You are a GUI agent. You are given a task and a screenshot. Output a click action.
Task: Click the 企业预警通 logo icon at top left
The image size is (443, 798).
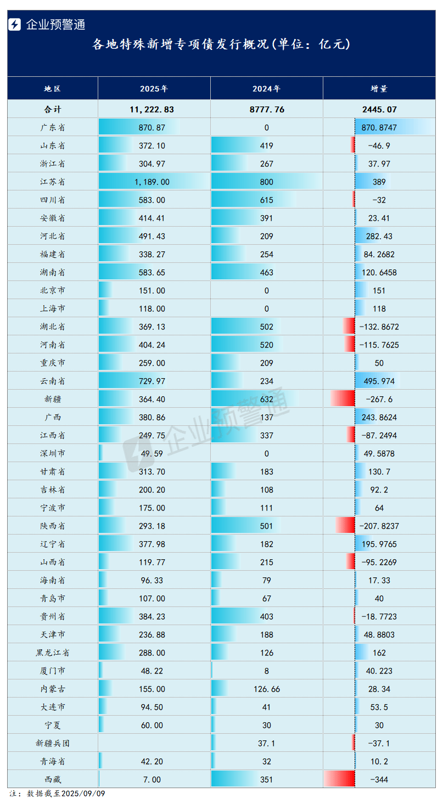15,24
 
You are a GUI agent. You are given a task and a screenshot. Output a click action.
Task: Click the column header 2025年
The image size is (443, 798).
154,88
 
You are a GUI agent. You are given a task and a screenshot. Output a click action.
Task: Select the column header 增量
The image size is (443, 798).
379,88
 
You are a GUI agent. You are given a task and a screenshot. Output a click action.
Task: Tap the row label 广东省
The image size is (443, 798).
53,127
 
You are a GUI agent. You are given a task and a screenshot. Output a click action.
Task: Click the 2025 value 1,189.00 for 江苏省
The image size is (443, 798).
154,182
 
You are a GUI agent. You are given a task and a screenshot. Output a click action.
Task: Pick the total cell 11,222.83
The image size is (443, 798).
152,109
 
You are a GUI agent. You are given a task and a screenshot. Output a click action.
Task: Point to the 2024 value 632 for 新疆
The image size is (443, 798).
266,399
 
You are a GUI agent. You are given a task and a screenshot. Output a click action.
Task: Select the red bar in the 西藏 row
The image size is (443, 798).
340,779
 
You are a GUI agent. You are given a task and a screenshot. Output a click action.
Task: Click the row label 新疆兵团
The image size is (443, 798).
53,743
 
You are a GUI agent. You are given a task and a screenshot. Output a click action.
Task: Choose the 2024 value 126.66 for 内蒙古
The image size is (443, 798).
266,689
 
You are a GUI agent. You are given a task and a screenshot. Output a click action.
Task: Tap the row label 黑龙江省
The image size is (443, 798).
53,653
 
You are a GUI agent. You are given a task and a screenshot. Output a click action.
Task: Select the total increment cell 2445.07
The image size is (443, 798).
379,109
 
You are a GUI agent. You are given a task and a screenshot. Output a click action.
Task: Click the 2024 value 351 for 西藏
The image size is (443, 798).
266,779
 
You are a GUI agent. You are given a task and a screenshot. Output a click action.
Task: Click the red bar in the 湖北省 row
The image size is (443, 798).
349,327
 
